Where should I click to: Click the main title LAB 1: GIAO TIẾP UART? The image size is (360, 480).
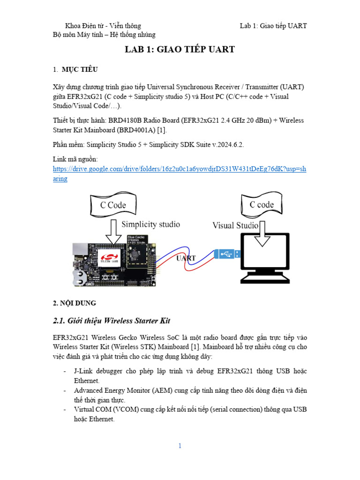(180, 49)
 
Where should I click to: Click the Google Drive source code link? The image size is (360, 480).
(180, 173)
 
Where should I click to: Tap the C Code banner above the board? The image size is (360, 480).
(113, 205)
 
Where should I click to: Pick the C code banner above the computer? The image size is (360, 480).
(262, 205)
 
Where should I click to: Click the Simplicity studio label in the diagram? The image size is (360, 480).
(150, 225)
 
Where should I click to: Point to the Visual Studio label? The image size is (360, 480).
(235, 225)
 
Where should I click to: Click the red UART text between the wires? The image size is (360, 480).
(186, 258)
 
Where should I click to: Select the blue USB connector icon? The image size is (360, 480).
(228, 254)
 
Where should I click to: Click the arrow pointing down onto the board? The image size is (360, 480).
(113, 232)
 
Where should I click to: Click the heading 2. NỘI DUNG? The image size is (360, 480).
(74, 303)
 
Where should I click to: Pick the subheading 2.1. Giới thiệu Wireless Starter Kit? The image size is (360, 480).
(111, 321)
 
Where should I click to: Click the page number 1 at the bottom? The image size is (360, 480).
(180, 446)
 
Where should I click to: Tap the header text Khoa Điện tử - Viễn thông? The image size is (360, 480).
(103, 26)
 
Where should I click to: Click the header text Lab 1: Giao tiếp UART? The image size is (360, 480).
(273, 26)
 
